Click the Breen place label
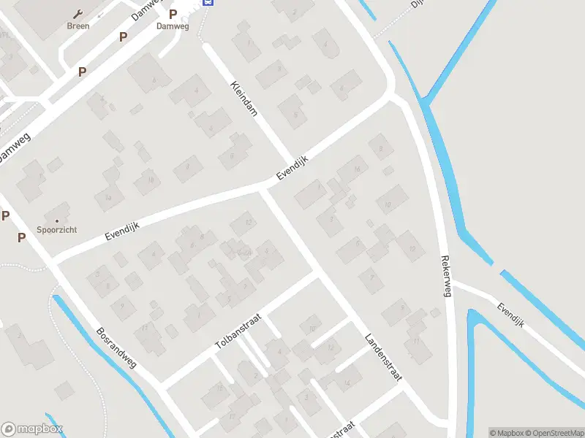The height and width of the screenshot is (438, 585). click(x=78, y=26)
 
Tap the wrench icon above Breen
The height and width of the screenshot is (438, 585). click(x=78, y=13)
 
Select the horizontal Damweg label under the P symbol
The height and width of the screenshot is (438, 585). click(x=173, y=26)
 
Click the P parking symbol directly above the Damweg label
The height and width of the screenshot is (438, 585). click(x=173, y=14)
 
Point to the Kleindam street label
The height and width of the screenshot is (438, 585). click(x=244, y=99)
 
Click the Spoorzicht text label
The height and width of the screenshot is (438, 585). click(x=57, y=230)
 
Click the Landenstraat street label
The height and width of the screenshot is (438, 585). click(x=383, y=358)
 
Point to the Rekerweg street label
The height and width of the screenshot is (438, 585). click(x=445, y=276)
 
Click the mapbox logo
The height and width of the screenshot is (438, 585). click(x=32, y=429)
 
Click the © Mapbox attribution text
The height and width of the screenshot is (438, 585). click(x=506, y=433)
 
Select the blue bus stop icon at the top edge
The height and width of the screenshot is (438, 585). click(x=208, y=2)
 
